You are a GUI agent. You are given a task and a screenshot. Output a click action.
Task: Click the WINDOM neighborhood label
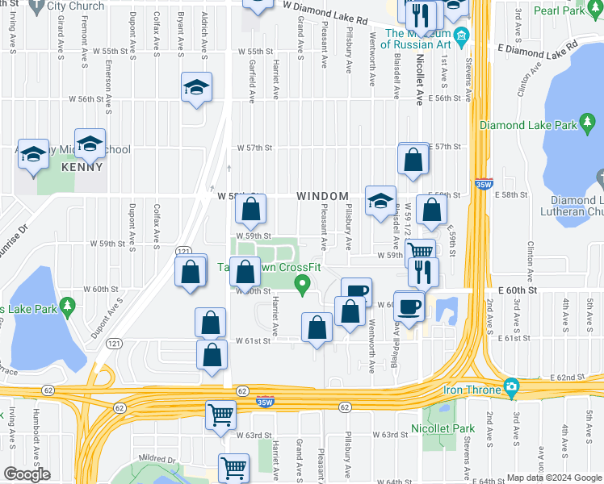322,196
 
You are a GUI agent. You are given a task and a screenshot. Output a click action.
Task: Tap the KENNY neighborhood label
82,168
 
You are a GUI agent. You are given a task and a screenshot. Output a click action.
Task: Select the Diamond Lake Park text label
529,125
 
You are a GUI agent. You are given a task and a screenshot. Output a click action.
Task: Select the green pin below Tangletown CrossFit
303,284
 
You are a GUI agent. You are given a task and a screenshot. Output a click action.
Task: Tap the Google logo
27,474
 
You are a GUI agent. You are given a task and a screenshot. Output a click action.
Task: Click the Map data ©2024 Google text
553,478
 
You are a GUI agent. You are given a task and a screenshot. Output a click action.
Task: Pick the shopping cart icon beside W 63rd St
220,415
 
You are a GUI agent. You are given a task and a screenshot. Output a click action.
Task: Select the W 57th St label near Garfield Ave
256,148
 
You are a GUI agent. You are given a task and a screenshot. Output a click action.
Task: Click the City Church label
74,5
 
